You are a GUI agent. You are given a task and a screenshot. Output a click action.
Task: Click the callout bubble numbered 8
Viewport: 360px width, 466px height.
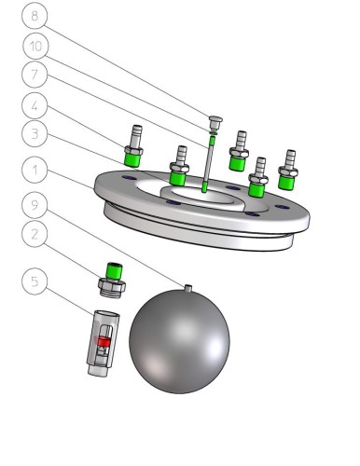[x=35, y=15]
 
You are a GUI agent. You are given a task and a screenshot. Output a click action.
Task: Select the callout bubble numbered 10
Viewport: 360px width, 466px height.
[x=35, y=46]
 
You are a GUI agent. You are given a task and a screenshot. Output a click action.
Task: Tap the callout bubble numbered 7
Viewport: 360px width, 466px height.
[x=35, y=75]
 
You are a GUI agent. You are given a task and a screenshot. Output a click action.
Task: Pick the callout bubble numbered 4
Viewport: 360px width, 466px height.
[x=35, y=105]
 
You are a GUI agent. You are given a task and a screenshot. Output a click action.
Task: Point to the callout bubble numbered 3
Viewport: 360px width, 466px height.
[x=35, y=134]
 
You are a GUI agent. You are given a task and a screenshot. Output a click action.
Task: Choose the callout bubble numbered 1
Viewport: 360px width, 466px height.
[x=35, y=171]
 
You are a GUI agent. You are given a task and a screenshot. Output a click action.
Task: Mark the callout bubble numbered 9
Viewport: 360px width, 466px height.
[x=35, y=205]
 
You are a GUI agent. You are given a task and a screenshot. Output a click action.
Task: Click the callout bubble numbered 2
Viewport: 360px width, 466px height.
[x=35, y=234]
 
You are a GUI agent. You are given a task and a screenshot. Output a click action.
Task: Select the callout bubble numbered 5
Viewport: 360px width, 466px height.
[x=35, y=281]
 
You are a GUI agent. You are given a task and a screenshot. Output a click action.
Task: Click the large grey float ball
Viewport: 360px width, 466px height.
[x=179, y=341]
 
